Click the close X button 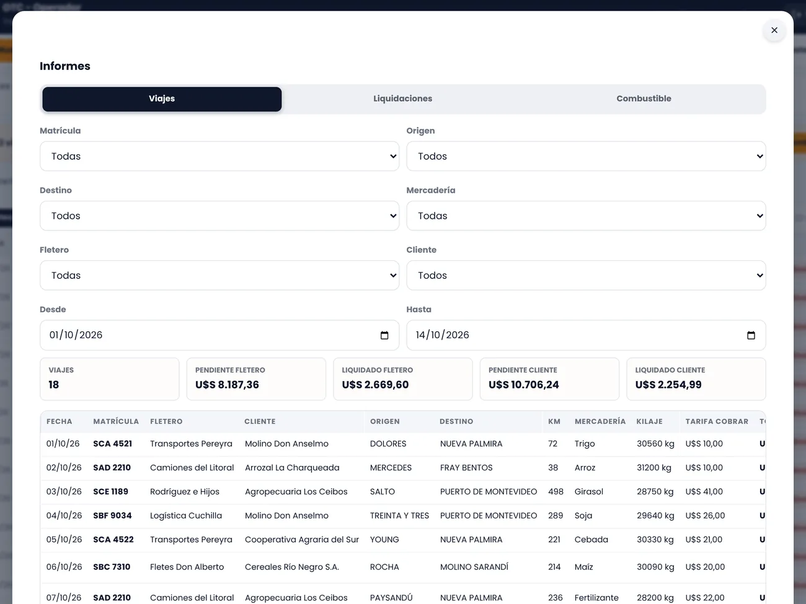point(774,30)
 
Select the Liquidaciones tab point(402,98)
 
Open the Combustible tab point(644,98)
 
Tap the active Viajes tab point(162,98)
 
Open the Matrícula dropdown point(219,156)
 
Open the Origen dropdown point(586,156)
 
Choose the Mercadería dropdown point(586,216)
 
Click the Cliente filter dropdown point(586,276)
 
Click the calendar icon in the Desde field point(384,335)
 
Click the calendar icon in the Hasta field point(751,335)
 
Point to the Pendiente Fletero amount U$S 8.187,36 point(227,385)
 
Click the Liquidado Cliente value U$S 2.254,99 point(668,385)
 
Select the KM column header point(554,421)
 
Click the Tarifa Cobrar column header point(716,421)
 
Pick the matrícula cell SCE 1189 point(110,491)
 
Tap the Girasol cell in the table point(588,491)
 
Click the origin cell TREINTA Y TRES point(399,515)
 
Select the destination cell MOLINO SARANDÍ point(474,567)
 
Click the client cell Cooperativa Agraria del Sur point(302,540)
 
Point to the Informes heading point(65,66)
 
